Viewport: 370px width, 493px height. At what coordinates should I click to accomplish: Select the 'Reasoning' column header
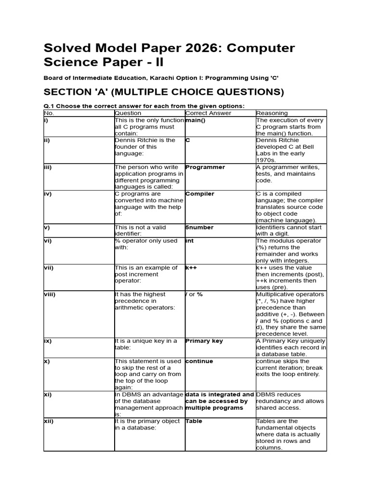[x=272, y=113]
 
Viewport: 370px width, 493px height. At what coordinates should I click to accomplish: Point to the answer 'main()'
[x=196, y=120]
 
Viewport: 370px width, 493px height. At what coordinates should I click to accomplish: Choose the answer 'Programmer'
[x=205, y=167]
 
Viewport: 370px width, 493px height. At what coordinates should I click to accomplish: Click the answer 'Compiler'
[x=200, y=194]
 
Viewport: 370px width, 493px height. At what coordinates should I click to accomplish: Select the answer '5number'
[x=199, y=227]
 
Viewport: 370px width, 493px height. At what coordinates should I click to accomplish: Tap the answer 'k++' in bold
[x=192, y=267]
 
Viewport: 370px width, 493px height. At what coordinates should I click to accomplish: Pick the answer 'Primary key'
[x=204, y=341]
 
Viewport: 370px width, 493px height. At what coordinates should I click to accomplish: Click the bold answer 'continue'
[x=199, y=361]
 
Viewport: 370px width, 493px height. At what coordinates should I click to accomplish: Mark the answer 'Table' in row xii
[x=194, y=421]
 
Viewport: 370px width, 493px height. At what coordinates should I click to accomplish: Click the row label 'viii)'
[x=50, y=294]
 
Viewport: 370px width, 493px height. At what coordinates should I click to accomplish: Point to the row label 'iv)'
[x=48, y=194]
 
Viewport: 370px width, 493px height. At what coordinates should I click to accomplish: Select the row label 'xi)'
[x=48, y=394]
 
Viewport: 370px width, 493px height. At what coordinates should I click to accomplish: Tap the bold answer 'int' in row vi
[x=189, y=241]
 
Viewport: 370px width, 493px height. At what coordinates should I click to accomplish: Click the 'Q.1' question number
[x=50, y=106]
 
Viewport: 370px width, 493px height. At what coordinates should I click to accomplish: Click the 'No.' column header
[x=49, y=113]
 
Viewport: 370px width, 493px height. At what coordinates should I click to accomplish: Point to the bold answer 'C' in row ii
[x=188, y=141]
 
